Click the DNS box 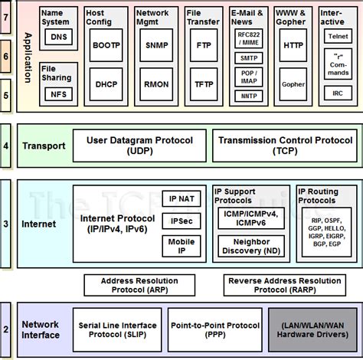tap(58, 38)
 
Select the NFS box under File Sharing tap(58, 95)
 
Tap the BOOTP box tap(106, 46)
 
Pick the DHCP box tap(106, 87)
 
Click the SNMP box tap(152, 46)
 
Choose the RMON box tap(152, 87)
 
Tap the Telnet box tap(336, 36)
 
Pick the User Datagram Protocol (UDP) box tap(139, 146)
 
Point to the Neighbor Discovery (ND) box tap(251, 247)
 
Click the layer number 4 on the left tap(6, 146)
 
